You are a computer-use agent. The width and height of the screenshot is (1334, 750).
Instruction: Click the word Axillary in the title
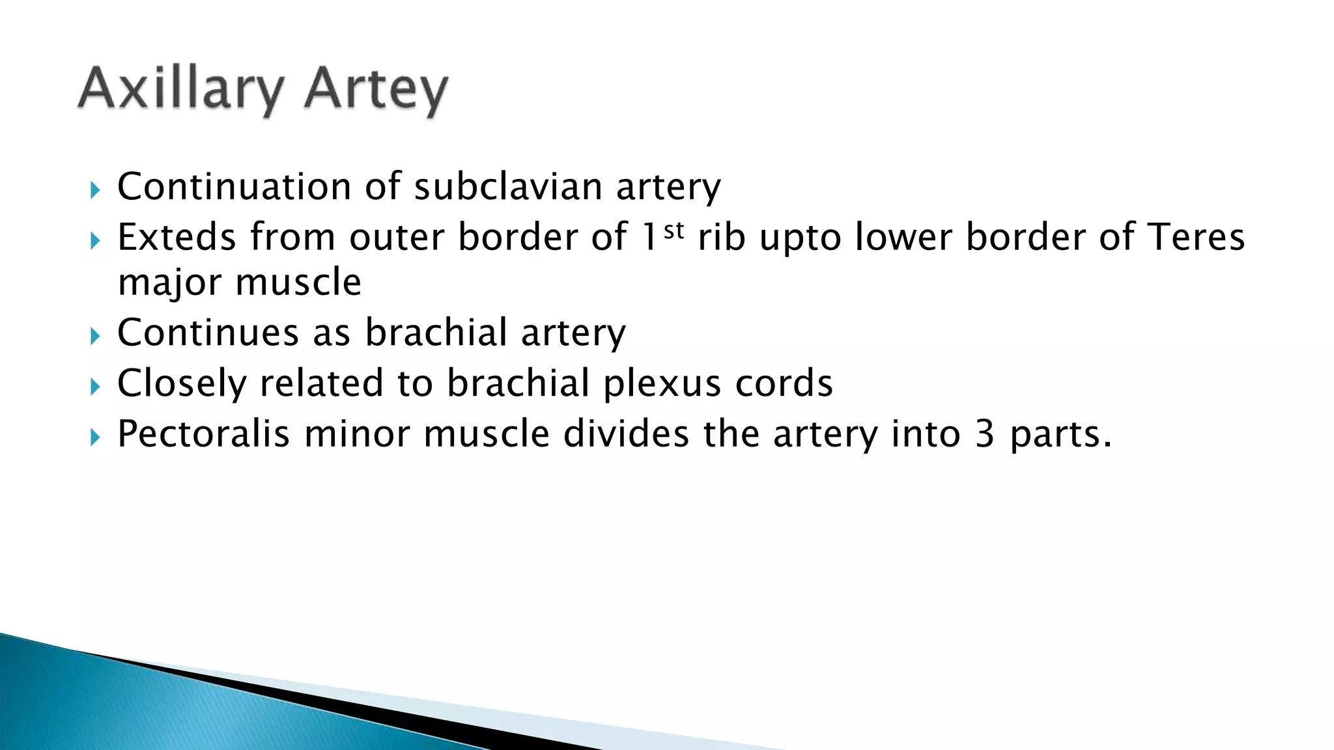point(181,90)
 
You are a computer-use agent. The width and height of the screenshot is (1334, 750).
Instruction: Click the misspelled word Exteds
point(177,237)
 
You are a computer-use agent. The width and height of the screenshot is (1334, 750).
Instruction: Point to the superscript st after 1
point(674,230)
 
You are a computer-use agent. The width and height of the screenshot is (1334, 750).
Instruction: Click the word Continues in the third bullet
point(207,333)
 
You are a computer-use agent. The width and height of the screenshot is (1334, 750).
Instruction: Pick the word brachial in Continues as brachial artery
point(436,333)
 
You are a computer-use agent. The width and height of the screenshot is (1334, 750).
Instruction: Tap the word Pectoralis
point(203,434)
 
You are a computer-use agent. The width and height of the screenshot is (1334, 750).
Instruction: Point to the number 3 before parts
point(984,434)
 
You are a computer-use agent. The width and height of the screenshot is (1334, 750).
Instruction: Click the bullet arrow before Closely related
point(95,387)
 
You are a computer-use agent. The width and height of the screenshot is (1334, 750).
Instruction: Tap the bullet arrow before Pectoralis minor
point(95,437)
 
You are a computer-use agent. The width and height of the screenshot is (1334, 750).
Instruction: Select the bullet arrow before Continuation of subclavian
point(95,191)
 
